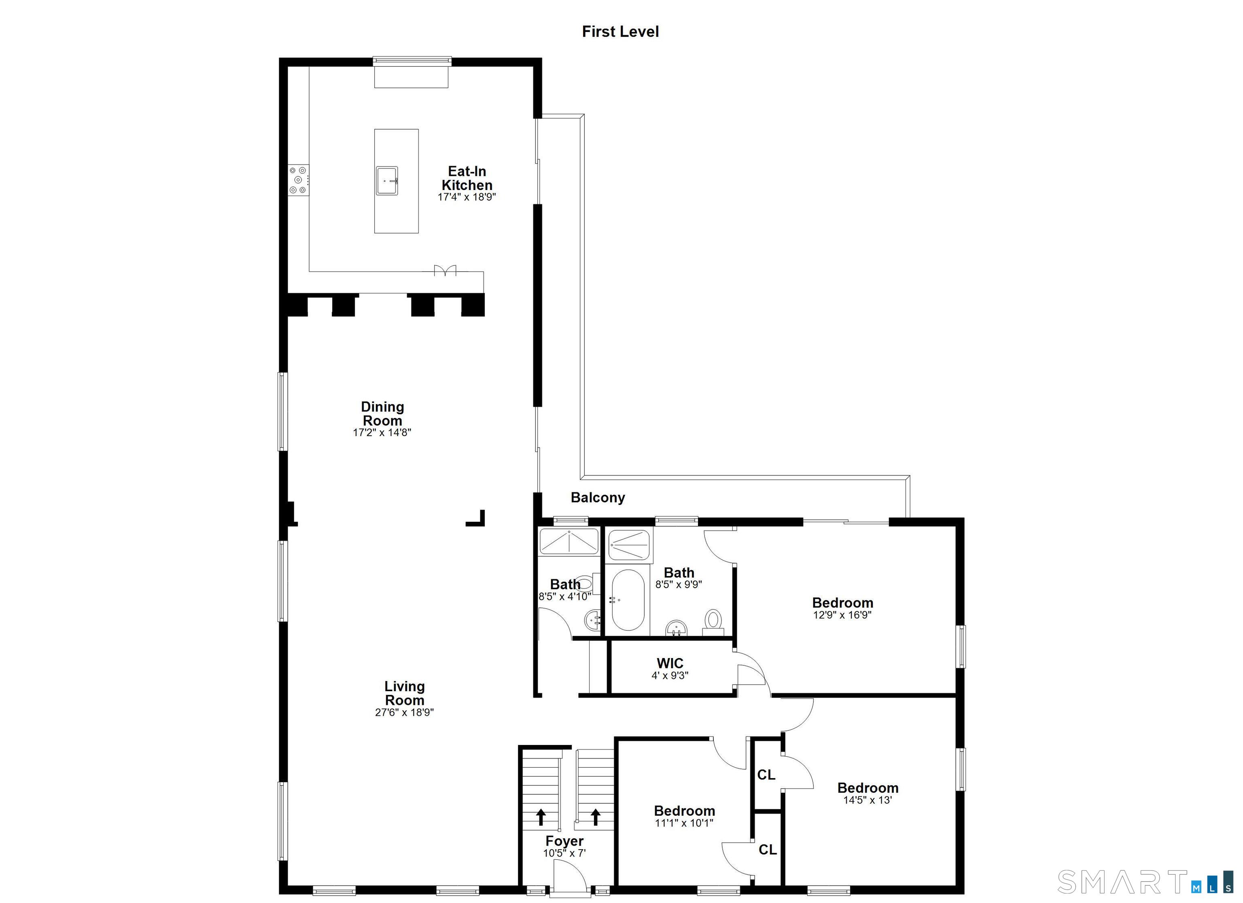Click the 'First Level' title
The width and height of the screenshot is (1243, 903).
click(620, 32)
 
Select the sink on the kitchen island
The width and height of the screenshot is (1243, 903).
click(387, 181)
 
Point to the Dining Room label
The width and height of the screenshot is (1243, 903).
click(382, 414)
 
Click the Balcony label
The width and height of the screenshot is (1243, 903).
click(597, 497)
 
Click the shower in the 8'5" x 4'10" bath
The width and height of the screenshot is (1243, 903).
click(569, 542)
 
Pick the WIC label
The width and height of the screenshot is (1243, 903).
click(670, 663)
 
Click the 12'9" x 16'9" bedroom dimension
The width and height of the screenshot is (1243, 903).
click(842, 615)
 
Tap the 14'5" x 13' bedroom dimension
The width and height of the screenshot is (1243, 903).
click(867, 800)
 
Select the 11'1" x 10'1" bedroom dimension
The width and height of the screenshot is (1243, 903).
click(683, 823)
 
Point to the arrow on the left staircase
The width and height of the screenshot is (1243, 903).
click(541, 817)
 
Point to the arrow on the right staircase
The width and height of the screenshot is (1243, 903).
click(596, 817)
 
